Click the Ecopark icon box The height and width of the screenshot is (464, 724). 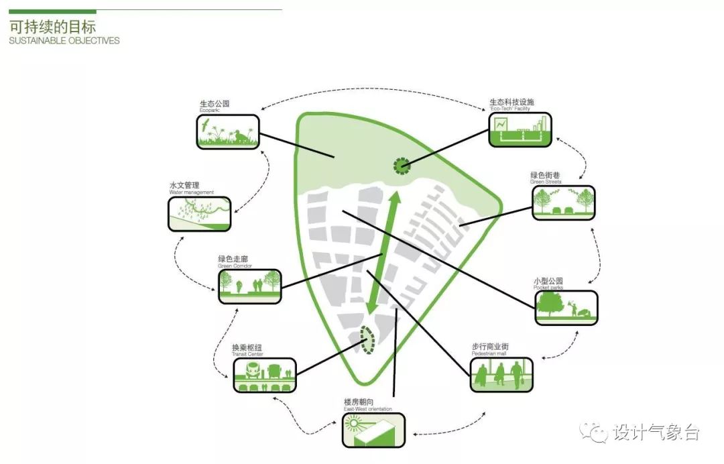coord(228,131)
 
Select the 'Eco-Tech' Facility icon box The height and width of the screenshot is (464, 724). coord(520,129)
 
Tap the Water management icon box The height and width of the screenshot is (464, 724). coord(199,214)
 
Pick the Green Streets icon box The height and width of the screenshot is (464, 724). coord(564,202)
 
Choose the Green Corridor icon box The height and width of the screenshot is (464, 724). coord(249,286)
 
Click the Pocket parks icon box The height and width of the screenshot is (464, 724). coord(566,308)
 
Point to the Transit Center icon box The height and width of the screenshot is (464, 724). coord(265,375)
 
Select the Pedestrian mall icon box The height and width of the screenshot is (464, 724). coord(501,374)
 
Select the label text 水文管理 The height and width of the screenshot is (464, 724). coord(184,185)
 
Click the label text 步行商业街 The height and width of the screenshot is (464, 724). coord(490,347)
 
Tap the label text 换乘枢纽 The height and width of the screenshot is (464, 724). coord(247,347)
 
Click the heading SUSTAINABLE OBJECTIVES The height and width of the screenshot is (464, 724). coord(64,41)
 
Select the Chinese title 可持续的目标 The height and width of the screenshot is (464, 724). coord(52,27)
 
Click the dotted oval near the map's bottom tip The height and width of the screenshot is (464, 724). coord(366,339)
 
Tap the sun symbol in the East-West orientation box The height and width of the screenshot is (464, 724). coord(353,423)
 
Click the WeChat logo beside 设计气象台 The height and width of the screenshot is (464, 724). coord(595,432)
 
